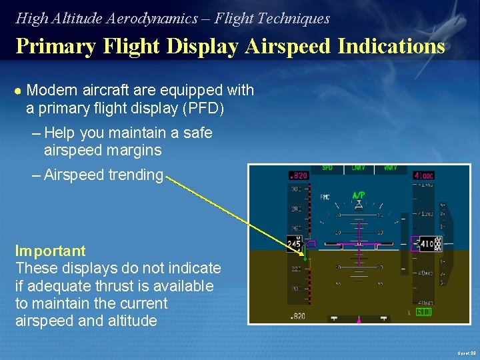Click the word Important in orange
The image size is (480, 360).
click(x=51, y=251)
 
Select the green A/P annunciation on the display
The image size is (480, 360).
click(x=359, y=195)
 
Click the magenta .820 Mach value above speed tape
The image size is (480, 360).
click(x=298, y=176)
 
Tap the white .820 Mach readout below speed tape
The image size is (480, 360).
click(x=298, y=317)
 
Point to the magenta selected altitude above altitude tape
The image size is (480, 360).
click(x=424, y=176)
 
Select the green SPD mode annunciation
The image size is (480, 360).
click(x=327, y=167)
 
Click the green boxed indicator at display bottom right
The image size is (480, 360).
click(x=423, y=311)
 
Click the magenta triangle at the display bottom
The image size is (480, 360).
click(x=359, y=321)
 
